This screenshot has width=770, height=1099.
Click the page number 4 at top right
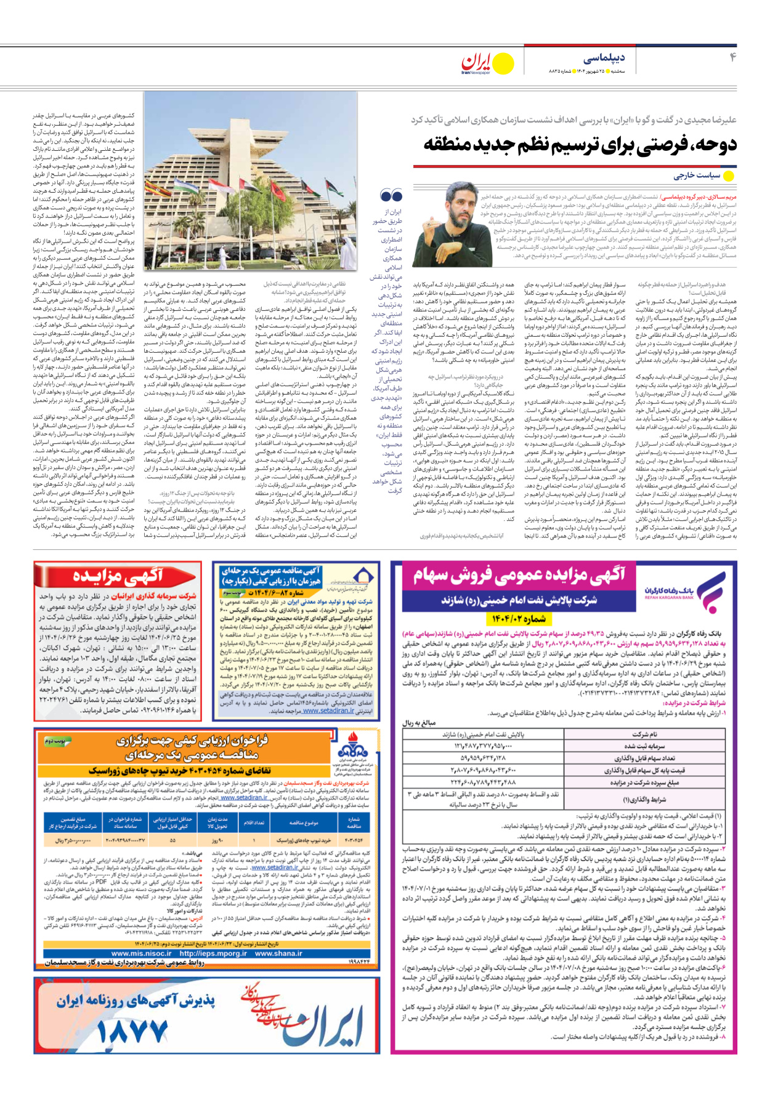point(733,58)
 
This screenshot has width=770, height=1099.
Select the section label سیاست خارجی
point(696,175)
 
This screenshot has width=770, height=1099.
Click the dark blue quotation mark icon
point(391,196)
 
